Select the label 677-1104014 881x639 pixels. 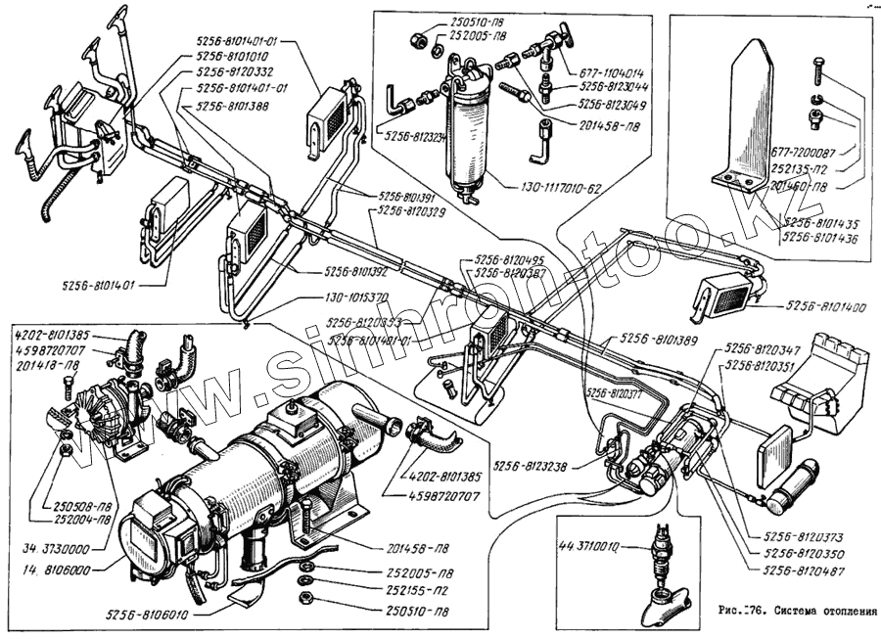[x=607, y=72]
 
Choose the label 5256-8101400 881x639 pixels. [x=824, y=307]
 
